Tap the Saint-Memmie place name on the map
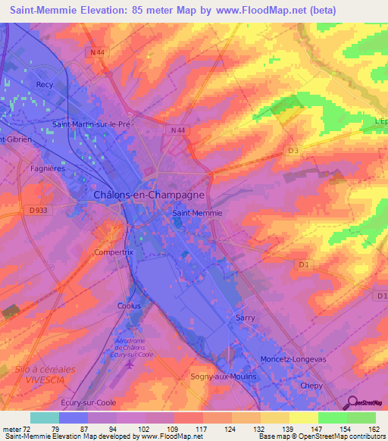click(x=198, y=213)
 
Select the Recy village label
click(x=45, y=85)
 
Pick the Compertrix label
click(x=113, y=252)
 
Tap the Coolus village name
click(x=129, y=306)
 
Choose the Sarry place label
click(x=246, y=318)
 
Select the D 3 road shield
click(x=293, y=151)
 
